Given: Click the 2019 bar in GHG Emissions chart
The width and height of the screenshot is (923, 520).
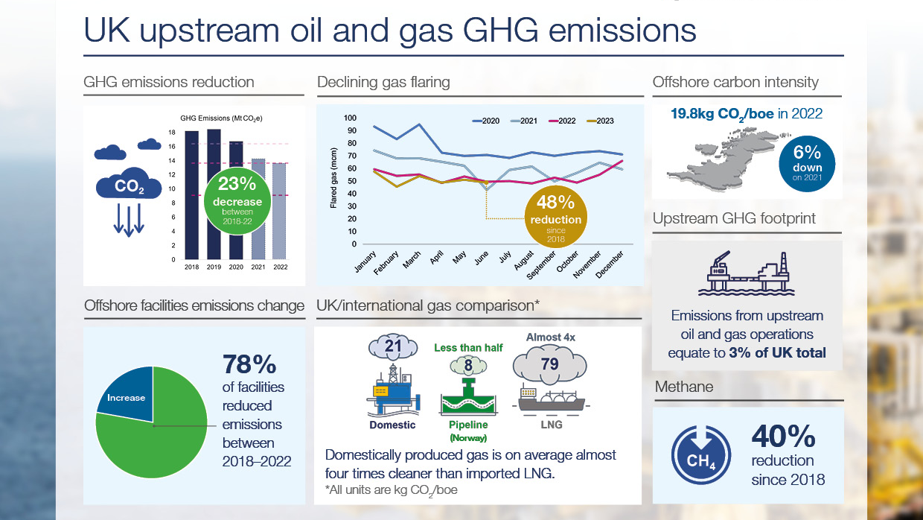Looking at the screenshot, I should pyautogui.click(x=214, y=194).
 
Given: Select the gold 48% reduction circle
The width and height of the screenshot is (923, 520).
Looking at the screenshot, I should pyautogui.click(x=555, y=218).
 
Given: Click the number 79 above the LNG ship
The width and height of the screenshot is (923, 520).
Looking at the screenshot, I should pyautogui.click(x=550, y=364).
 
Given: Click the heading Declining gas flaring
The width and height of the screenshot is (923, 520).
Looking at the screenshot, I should pyautogui.click(x=383, y=82).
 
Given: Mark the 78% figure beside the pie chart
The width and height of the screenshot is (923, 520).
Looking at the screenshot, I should pyautogui.click(x=249, y=366).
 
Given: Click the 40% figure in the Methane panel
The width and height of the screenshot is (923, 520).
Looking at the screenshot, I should pyautogui.click(x=783, y=437).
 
